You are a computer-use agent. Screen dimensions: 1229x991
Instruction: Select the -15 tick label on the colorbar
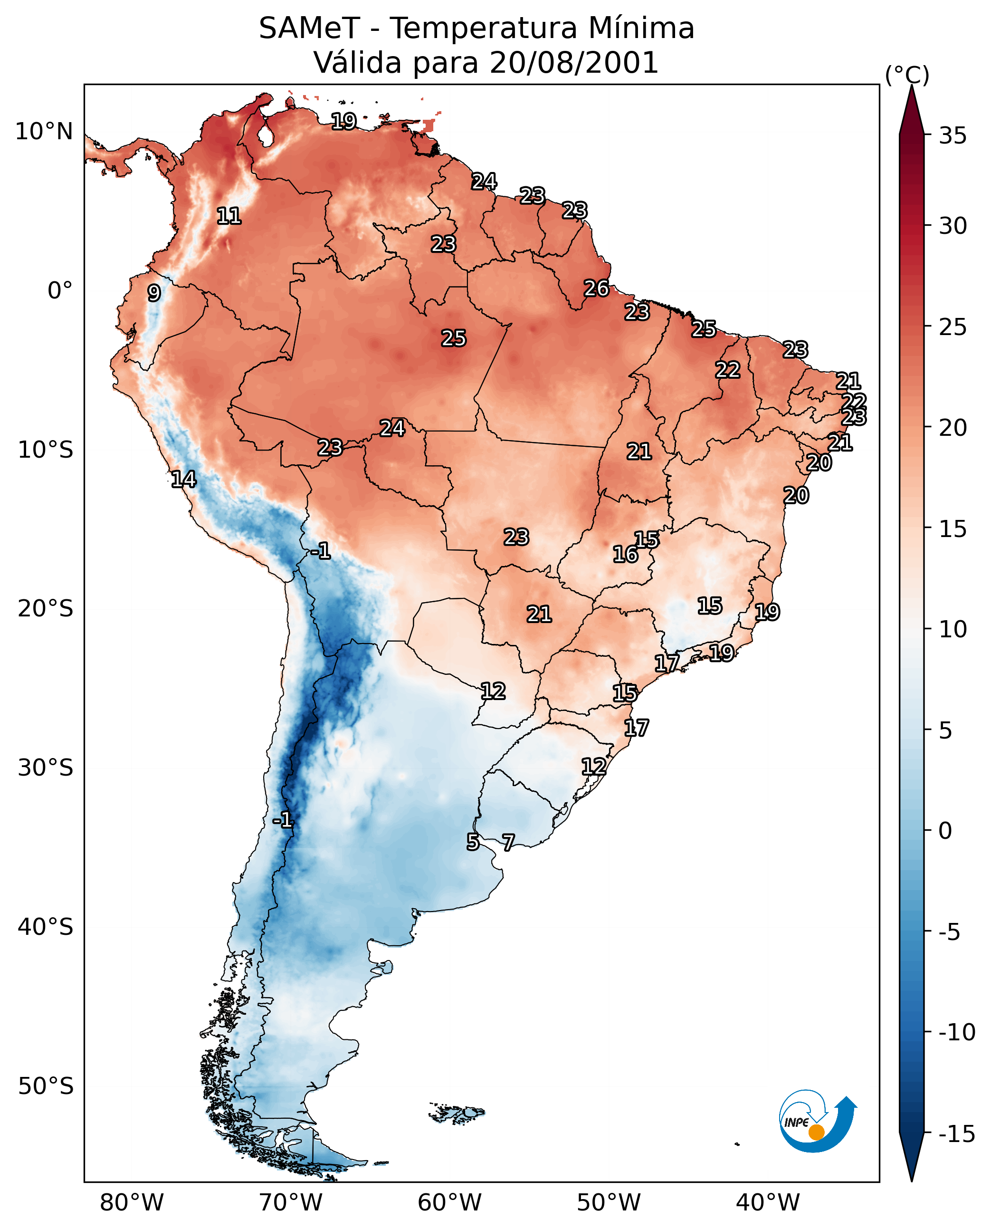point(957,1134)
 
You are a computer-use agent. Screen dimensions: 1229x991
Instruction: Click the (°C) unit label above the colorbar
point(907,75)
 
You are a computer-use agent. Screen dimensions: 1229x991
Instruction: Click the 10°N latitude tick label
point(44,132)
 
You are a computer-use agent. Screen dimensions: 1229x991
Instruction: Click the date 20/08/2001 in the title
point(574,62)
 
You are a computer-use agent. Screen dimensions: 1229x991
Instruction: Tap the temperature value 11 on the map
point(229,216)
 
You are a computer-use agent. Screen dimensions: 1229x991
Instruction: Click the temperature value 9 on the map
point(154,293)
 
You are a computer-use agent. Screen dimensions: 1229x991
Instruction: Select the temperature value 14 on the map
point(184,479)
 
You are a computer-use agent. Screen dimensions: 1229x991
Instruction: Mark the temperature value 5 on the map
point(473,842)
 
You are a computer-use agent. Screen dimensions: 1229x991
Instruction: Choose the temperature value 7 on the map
point(508,842)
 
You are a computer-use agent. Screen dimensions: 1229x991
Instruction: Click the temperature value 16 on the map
point(625,554)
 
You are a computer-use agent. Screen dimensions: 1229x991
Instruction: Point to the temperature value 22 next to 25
point(728,370)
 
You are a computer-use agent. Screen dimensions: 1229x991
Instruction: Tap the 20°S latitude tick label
point(46,609)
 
